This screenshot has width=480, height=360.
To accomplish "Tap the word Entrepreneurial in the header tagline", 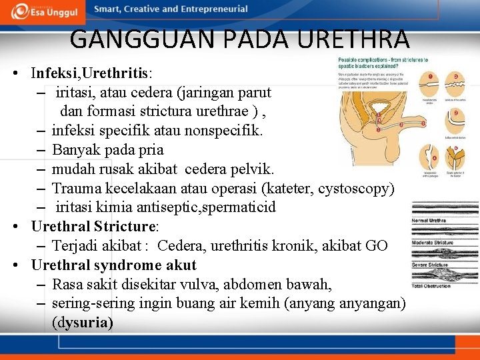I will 213,9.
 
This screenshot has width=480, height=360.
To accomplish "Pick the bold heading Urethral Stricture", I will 93,227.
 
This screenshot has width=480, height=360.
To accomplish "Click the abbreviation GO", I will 376,246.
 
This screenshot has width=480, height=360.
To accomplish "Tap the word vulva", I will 193,285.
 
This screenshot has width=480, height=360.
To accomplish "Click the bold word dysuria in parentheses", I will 82,323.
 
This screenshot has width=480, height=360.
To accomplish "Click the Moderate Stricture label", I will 433,243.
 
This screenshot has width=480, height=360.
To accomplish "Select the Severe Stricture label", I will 430,265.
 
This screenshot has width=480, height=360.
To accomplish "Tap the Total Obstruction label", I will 431,286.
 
